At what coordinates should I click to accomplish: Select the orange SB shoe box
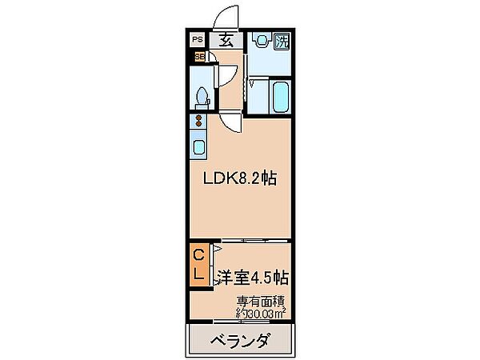(x=198, y=57)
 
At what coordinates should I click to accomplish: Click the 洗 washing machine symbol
(x=281, y=42)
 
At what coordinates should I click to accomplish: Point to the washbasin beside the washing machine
(x=258, y=44)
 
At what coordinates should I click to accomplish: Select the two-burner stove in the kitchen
(x=198, y=122)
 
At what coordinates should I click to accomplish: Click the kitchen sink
(x=198, y=147)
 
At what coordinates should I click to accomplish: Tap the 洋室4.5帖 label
(x=251, y=278)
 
